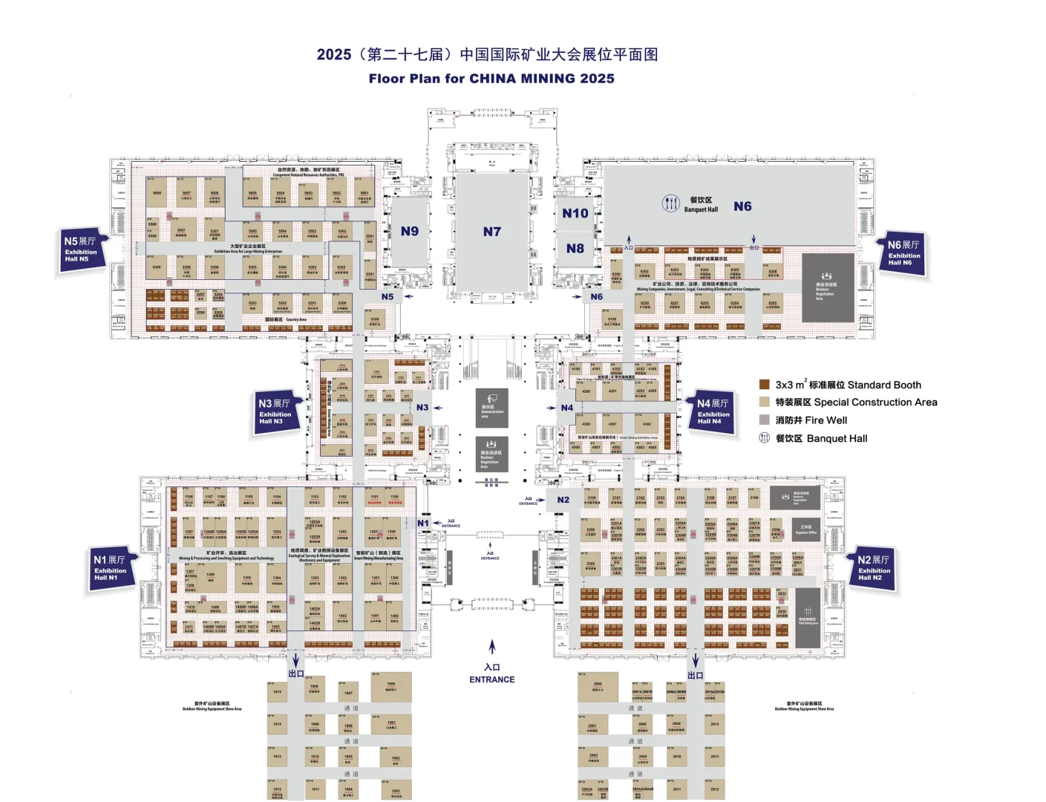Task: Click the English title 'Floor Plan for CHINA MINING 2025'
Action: click(491, 79)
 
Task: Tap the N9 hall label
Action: click(410, 231)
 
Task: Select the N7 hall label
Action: click(492, 232)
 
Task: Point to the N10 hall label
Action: click(575, 214)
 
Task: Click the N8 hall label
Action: click(575, 249)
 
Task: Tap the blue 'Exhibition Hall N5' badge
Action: click(80, 250)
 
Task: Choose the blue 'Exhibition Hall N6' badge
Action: click(903, 253)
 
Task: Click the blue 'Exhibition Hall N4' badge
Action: click(713, 412)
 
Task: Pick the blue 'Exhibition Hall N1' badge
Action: click(109, 568)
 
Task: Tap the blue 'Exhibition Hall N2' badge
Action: click(874, 568)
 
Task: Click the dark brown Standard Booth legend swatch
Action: click(764, 385)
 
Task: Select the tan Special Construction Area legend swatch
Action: click(764, 402)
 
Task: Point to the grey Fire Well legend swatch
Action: click(764, 420)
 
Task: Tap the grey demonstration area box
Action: click(491, 408)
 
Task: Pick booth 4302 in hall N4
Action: click(647, 425)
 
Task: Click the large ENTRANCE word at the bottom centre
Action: click(491, 679)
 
